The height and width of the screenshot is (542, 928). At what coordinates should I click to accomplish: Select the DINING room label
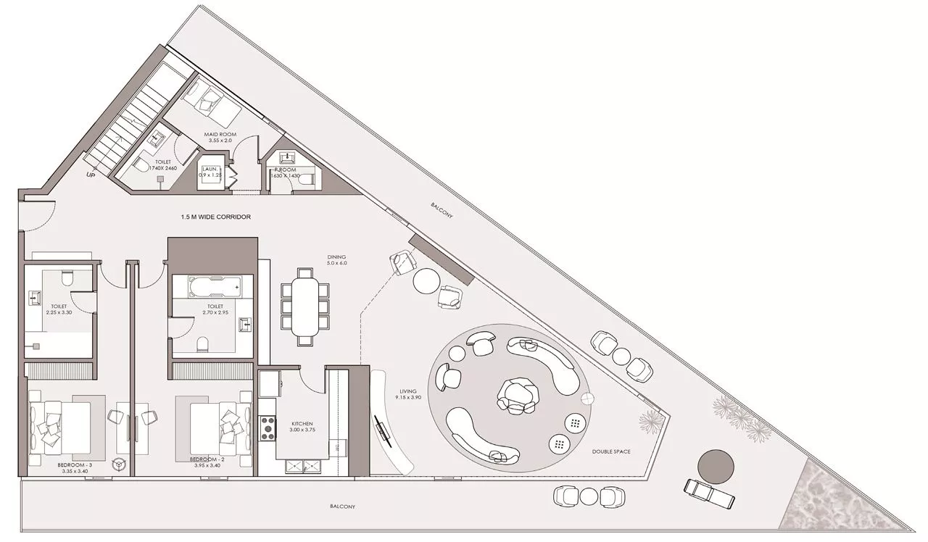[x=336, y=257]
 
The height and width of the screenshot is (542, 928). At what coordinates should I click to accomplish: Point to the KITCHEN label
[x=302, y=424]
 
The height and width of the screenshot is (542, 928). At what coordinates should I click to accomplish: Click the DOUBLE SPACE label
[x=610, y=451]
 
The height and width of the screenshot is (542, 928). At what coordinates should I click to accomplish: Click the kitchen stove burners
[x=268, y=426]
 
